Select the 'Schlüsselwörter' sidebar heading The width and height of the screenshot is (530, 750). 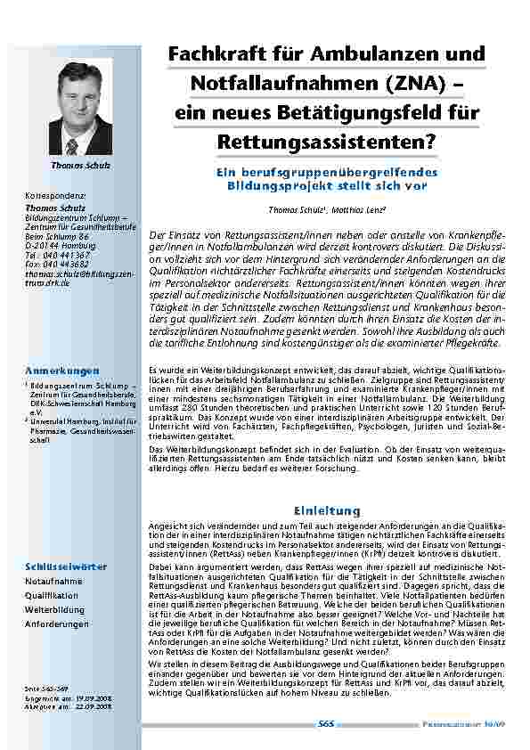click(x=66, y=566)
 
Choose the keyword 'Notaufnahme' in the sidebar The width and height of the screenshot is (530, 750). click(x=53, y=580)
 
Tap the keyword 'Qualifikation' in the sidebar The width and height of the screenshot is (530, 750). click(x=52, y=595)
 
